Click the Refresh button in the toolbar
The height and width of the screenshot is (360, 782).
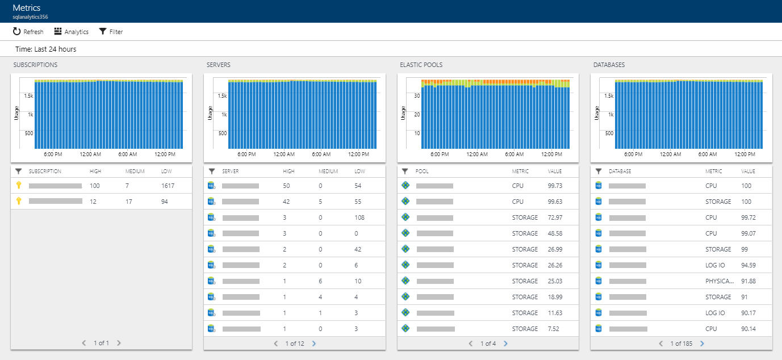[28, 32]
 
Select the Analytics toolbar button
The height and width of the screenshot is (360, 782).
[72, 32]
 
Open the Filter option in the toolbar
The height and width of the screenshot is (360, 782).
[111, 32]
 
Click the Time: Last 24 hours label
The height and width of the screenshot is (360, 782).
[45, 49]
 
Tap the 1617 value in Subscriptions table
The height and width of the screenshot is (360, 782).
[168, 186]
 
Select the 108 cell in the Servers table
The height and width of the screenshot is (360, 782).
[359, 217]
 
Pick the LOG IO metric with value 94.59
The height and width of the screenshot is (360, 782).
[715, 265]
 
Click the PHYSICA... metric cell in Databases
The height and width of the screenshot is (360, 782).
[718, 281]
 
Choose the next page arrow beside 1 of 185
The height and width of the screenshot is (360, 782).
[702, 344]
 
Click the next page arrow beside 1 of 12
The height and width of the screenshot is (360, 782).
[314, 344]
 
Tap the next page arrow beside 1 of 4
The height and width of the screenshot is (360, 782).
[505, 344]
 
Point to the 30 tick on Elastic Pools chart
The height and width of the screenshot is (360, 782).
[416, 96]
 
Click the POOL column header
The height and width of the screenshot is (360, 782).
[422, 171]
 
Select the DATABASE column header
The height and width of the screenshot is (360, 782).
[620, 171]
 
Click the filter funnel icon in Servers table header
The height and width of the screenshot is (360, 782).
[212, 171]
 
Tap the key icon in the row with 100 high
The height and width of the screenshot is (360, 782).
[18, 186]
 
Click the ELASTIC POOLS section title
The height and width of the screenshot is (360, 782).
[421, 65]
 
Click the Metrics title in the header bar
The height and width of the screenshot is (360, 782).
[26, 8]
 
